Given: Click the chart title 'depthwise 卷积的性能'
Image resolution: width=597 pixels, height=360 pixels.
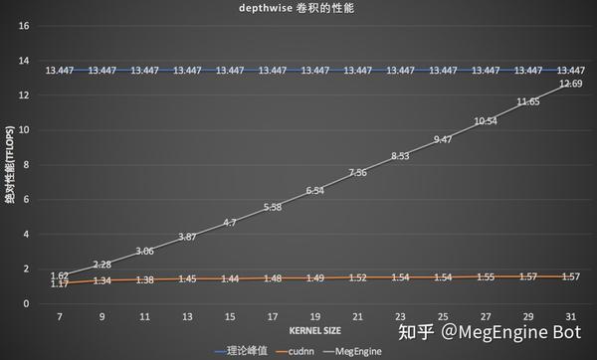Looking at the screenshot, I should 298,9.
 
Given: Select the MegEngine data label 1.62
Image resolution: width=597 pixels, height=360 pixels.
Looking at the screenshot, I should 59,275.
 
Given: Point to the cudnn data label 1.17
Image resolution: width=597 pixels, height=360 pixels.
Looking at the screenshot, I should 59,285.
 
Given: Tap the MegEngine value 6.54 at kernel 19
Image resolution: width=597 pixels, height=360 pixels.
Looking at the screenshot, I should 314,190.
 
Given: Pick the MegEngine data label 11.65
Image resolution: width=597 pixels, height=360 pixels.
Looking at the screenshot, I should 528,101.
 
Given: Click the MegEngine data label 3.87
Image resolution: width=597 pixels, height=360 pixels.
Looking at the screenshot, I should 187,236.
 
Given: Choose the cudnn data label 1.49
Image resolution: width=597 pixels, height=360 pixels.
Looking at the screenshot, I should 314,278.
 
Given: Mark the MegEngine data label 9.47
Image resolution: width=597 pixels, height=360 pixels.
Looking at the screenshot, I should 443,139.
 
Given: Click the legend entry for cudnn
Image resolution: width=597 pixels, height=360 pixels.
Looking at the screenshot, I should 297,350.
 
